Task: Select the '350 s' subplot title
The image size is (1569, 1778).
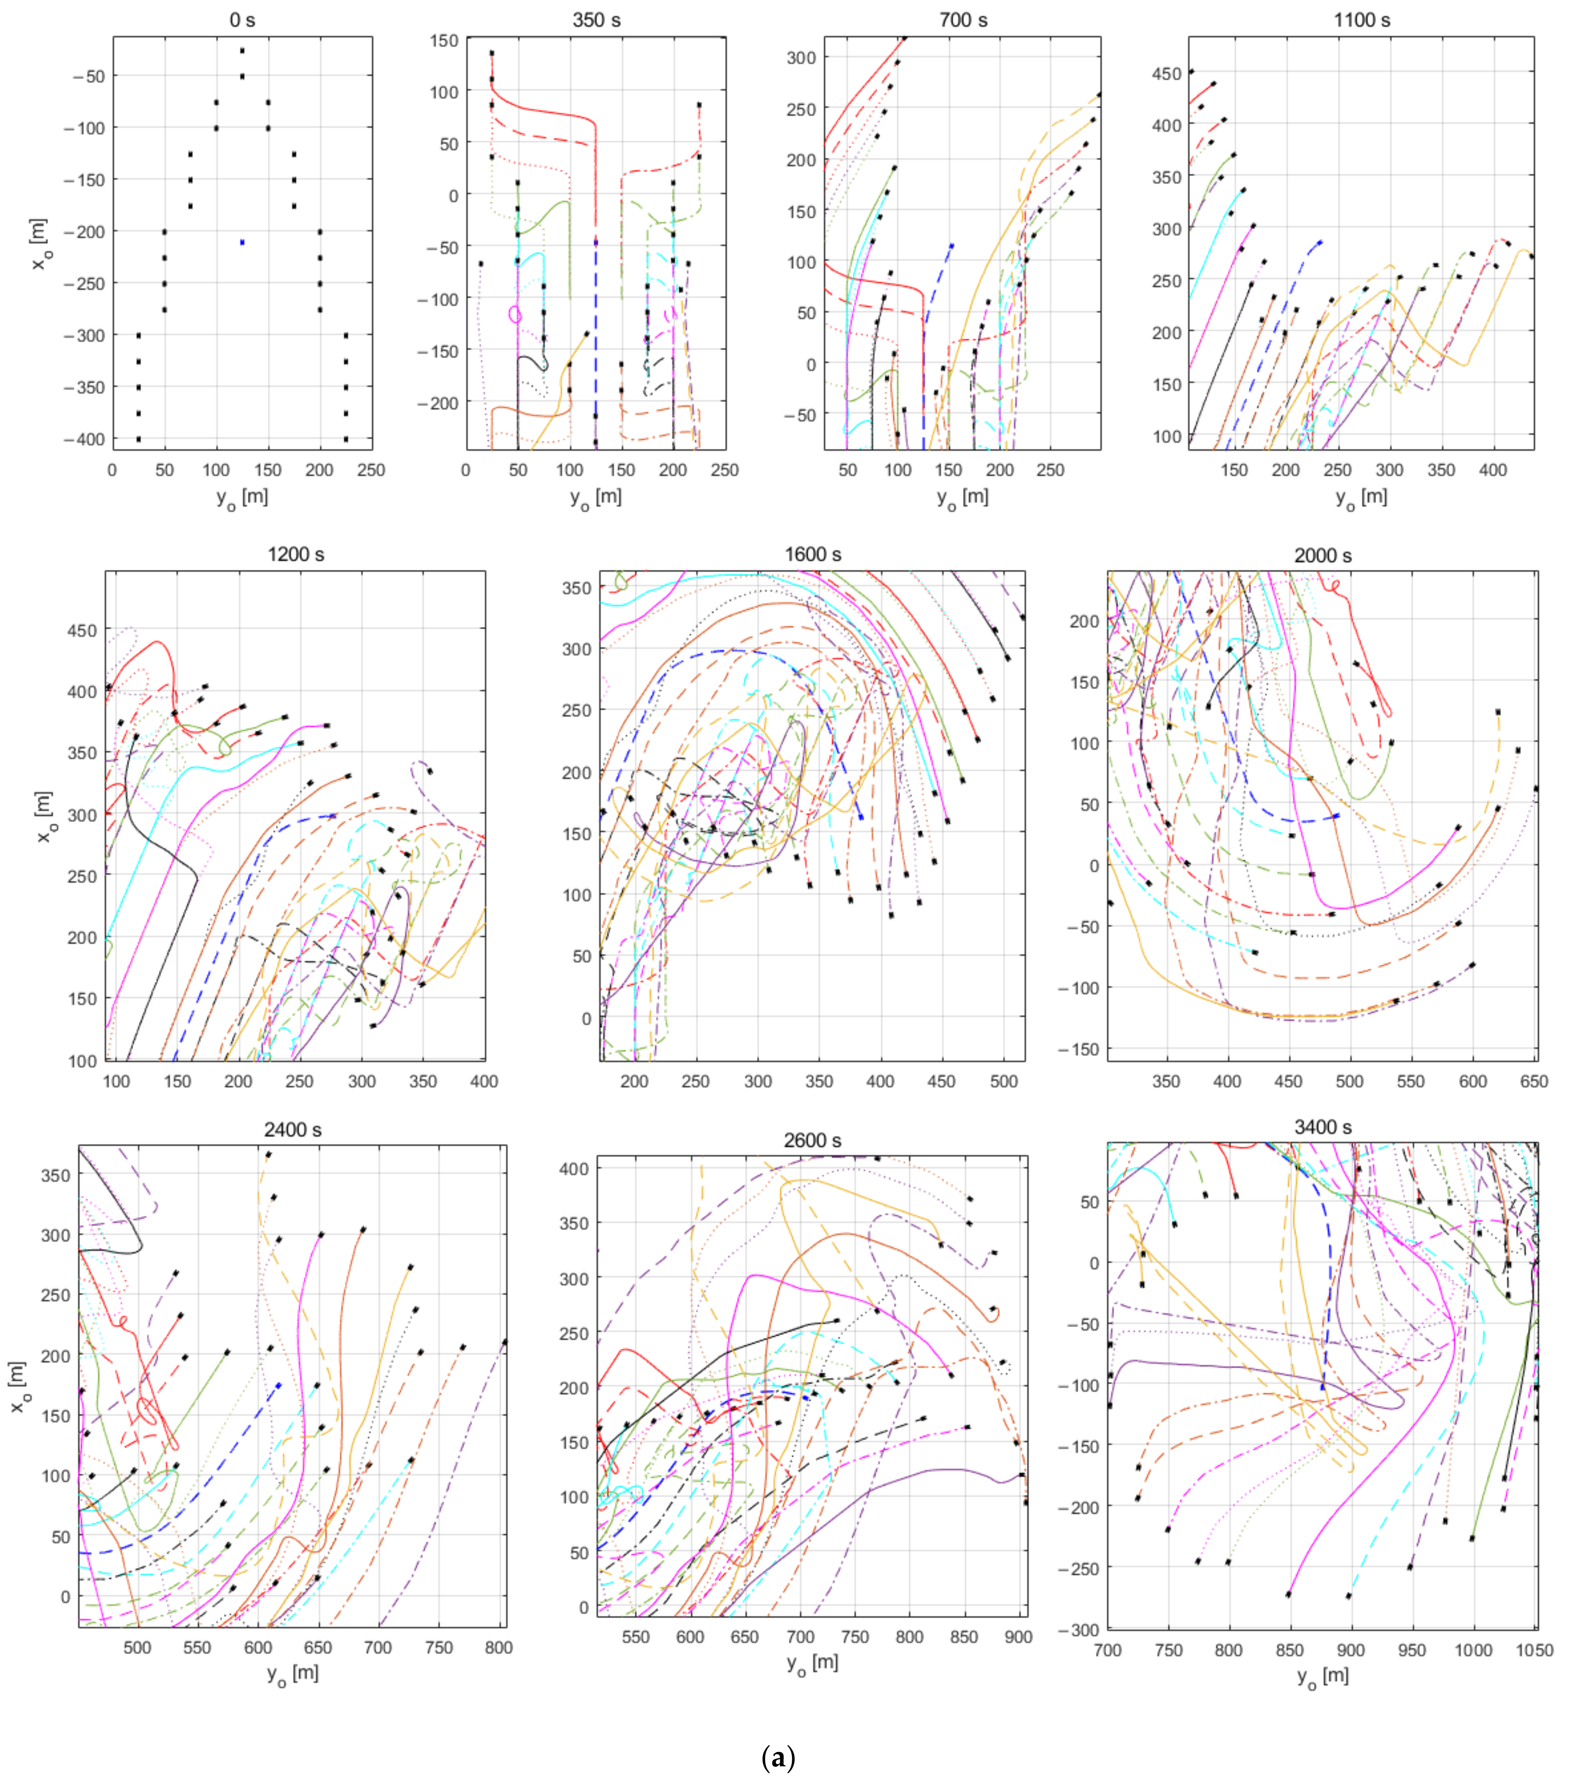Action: pos(596,19)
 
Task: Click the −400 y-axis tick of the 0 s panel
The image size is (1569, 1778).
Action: pos(83,439)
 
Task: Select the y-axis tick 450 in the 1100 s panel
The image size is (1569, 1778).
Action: pos(1166,74)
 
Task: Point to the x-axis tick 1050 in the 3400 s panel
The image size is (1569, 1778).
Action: pos(1534,1650)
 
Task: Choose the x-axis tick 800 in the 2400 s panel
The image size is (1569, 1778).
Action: pos(499,1647)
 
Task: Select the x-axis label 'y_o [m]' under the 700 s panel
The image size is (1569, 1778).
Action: pos(962,497)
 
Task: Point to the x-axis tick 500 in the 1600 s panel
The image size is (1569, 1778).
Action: pos(1003,1081)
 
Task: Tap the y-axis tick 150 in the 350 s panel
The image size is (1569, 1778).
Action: pos(444,41)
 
